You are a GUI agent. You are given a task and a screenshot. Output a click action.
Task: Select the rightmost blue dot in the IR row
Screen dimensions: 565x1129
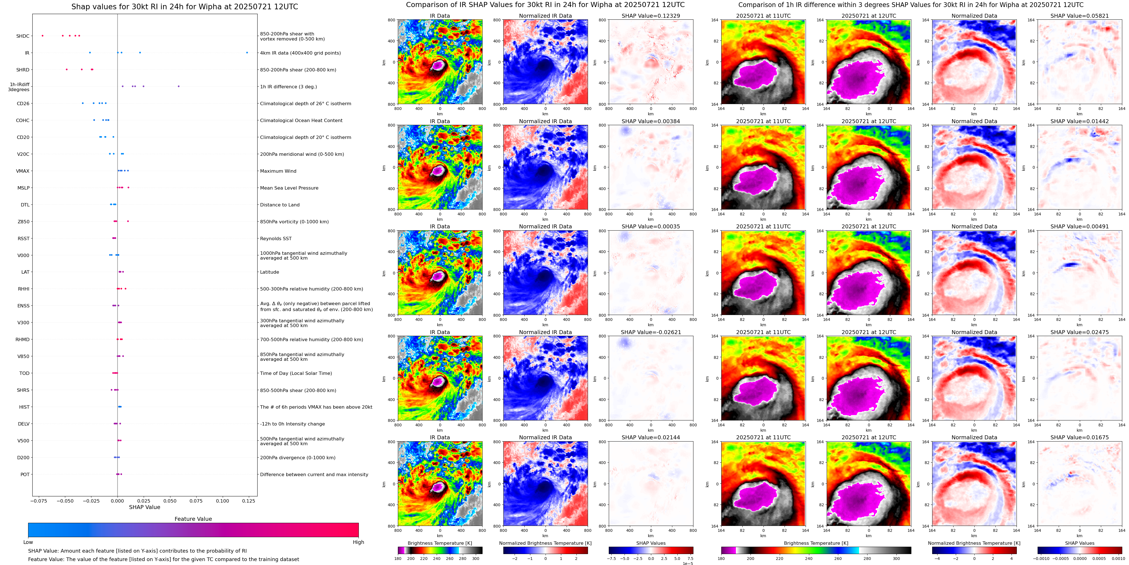tap(247, 53)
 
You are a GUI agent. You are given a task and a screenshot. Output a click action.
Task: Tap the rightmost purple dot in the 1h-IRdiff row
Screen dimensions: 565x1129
tap(178, 86)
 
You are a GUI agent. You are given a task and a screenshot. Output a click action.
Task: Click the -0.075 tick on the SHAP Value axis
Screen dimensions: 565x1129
tap(39, 501)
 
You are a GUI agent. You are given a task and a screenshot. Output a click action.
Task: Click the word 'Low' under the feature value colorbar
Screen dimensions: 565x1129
tap(28, 542)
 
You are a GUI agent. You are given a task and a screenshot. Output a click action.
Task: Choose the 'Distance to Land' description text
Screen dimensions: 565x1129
tap(280, 205)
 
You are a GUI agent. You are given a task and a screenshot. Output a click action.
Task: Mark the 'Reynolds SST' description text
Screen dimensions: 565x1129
tap(276, 238)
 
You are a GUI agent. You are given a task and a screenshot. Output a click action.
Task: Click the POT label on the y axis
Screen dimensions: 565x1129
tap(25, 474)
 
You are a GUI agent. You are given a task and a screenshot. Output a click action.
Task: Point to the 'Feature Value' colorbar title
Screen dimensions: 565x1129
tap(193, 519)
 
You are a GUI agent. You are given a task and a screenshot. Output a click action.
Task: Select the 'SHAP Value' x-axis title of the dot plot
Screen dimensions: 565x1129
tap(144, 507)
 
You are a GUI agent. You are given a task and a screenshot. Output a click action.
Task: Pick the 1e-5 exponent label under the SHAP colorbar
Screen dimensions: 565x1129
tap(688, 563)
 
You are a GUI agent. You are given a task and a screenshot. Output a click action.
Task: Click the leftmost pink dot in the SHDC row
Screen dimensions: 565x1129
tap(42, 35)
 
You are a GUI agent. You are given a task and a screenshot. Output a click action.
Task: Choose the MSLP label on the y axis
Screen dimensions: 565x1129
tap(23, 188)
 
